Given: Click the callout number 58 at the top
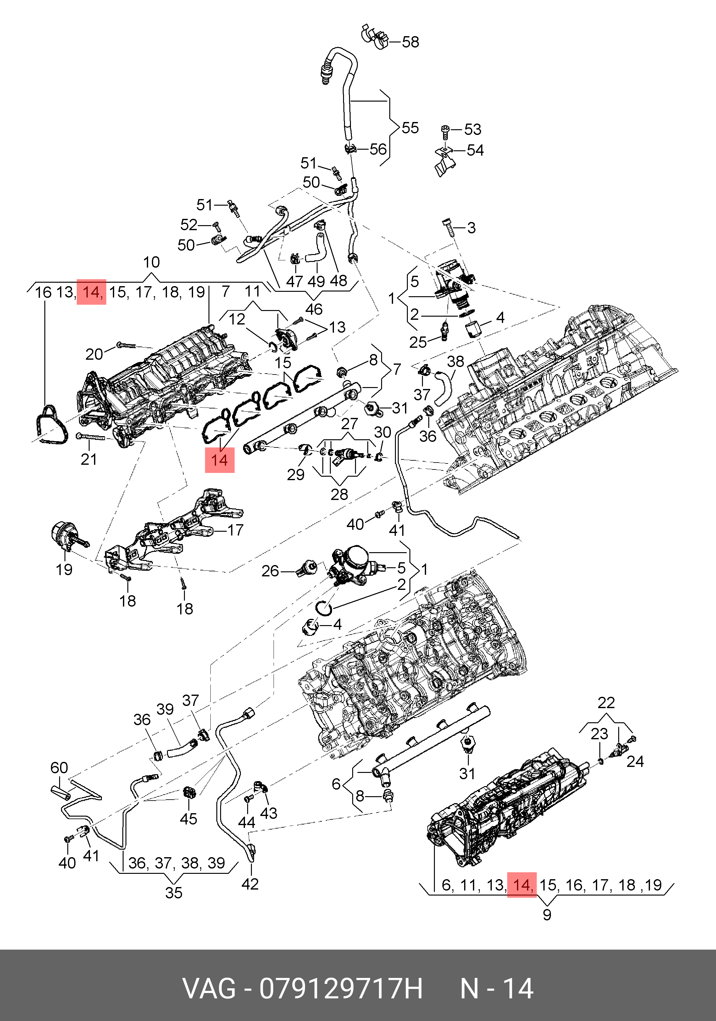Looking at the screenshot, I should coord(410,42).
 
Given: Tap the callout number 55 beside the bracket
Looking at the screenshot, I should coord(410,128).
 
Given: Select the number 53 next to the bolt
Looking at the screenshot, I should coord(472,130).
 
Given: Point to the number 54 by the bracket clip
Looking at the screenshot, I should coord(475,150).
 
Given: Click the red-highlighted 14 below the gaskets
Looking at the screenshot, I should coord(219,460).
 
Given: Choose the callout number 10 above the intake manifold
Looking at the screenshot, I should coord(151,262).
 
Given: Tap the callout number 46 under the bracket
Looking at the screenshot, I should coord(314,309).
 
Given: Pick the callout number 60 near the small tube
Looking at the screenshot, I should coord(59,768).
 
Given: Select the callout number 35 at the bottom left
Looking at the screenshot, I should coord(174,892).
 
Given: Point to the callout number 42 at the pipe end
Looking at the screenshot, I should coord(250,884).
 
